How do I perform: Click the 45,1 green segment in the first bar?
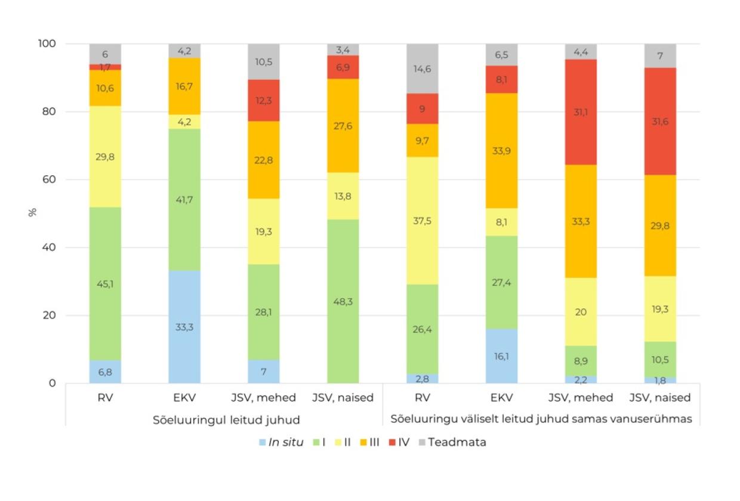click(105, 283)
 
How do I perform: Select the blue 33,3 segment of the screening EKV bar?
click(184, 327)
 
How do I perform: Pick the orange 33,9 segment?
click(501, 151)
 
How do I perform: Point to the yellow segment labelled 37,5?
click(423, 221)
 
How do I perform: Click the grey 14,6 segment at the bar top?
click(423, 69)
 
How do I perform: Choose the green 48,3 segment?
click(343, 301)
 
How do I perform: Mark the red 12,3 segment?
click(264, 100)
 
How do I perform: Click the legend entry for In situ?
click(281, 443)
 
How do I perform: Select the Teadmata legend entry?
click(457, 443)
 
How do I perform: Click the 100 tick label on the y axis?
click(46, 44)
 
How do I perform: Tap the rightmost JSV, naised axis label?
click(660, 398)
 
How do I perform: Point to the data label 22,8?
click(264, 159)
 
